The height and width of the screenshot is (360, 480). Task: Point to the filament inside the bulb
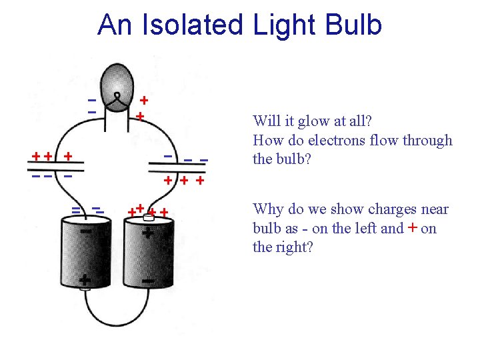117,99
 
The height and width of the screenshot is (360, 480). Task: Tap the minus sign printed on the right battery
149,281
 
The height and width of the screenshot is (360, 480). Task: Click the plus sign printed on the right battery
147,234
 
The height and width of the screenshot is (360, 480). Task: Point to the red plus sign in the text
413,227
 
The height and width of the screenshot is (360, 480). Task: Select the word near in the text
433,210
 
